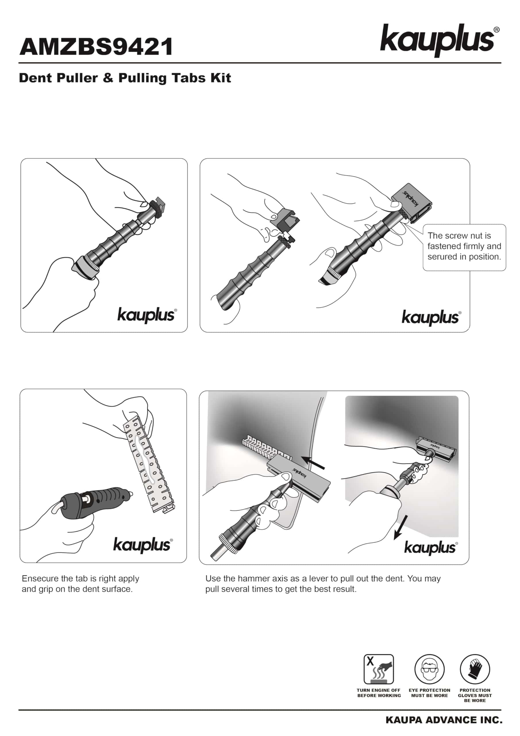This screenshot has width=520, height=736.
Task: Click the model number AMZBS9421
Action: (96, 47)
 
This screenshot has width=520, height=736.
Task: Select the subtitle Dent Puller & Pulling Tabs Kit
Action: (125, 78)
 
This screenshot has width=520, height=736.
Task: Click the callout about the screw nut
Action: (464, 247)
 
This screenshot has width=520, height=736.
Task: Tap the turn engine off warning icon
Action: (379, 669)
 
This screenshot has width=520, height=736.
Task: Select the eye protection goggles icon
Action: (429, 669)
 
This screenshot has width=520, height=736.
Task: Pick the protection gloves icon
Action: (475, 669)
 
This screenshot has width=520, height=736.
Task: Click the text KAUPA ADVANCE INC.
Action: (444, 720)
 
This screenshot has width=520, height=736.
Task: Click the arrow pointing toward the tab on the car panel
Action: (314, 464)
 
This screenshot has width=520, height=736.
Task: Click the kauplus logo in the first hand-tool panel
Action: (147, 315)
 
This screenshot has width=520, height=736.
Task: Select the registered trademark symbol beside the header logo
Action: (497, 30)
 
